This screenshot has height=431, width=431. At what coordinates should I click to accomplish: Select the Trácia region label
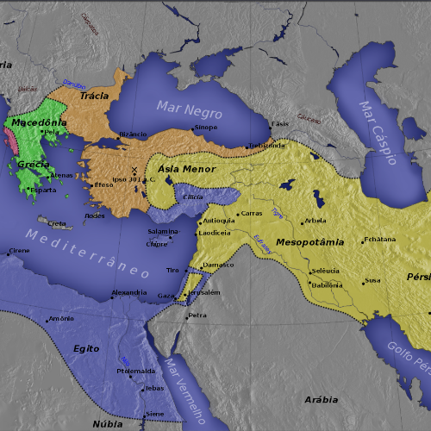click(95, 96)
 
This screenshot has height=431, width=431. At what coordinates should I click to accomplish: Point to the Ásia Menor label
click(186, 169)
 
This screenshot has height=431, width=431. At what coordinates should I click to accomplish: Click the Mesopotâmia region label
click(310, 242)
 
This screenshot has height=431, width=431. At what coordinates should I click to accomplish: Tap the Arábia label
click(322, 400)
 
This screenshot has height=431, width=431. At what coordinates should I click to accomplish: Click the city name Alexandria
click(128, 293)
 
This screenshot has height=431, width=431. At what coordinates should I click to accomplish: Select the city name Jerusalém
click(205, 292)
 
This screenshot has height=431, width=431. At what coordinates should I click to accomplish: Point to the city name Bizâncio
click(133, 134)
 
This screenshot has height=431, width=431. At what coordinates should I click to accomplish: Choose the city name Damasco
click(218, 265)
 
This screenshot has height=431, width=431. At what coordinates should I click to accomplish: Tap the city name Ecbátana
click(379, 240)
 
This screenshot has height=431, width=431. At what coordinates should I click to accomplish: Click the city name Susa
click(372, 280)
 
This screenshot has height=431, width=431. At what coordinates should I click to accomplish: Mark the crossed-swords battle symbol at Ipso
click(134, 170)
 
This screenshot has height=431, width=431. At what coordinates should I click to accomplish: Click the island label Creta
click(57, 223)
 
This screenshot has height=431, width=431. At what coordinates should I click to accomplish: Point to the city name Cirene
click(19, 251)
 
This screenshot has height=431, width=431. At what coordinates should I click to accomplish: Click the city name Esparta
click(43, 190)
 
